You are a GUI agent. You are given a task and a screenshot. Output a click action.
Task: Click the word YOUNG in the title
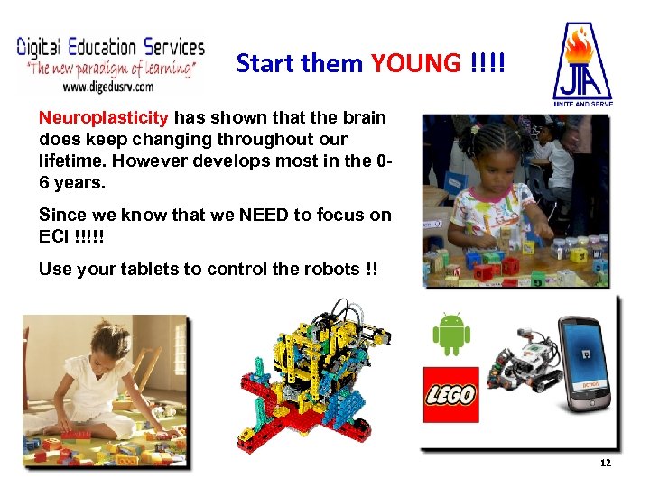pos(415,63)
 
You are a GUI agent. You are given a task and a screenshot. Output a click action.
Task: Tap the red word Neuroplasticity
pos(103,118)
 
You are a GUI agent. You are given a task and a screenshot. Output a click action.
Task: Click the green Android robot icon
pos(451,334)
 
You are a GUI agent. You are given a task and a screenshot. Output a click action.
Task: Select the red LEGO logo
pos(451,395)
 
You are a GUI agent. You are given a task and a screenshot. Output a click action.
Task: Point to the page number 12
pos(605,463)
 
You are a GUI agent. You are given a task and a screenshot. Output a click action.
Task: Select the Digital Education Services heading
pos(111,47)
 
